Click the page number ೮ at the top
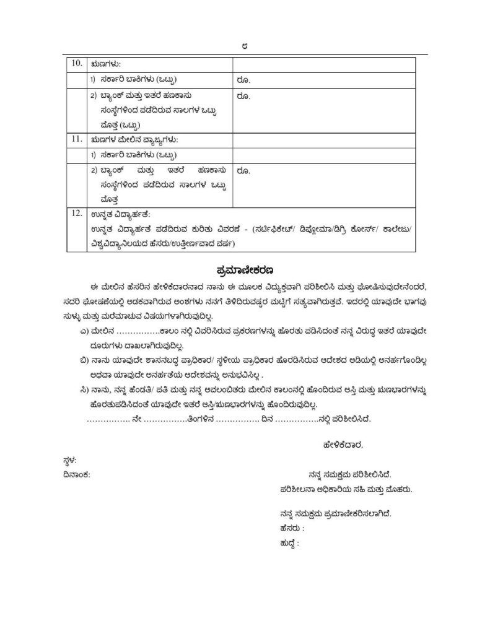[245, 46]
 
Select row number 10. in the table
[76, 64]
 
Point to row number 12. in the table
[76, 214]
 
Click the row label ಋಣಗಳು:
[105, 64]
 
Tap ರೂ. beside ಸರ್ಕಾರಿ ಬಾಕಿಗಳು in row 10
[243, 79]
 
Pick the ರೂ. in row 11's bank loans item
[243, 170]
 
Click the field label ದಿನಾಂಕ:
[76, 474]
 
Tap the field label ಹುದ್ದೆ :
[289, 544]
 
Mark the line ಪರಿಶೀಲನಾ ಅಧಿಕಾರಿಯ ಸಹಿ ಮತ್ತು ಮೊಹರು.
[346, 489]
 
